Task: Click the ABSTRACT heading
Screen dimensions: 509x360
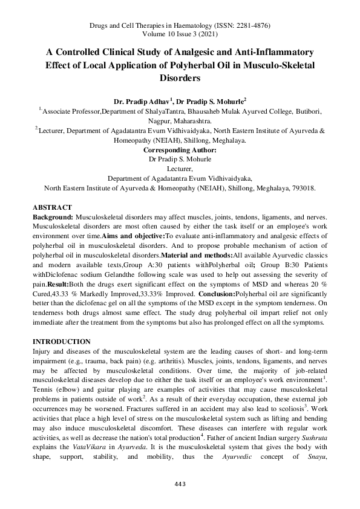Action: click(52, 207)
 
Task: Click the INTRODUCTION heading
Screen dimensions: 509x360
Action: click(62, 342)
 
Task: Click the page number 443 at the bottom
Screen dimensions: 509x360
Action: click(180, 501)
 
